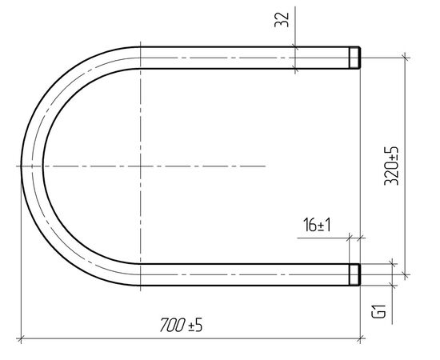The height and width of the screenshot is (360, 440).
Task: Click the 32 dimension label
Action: tap(282, 20)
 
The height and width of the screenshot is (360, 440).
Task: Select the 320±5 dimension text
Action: tap(391, 166)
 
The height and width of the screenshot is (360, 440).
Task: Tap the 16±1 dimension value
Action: tap(317, 225)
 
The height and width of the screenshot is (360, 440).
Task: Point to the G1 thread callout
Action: tap(378, 311)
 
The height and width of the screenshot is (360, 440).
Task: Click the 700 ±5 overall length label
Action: tap(181, 325)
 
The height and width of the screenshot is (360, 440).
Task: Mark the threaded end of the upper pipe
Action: tap(354, 58)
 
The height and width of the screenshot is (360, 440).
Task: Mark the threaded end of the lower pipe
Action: tap(354, 274)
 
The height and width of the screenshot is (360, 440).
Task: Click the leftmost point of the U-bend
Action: tap(22, 166)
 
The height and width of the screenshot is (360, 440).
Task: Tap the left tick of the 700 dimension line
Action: tap(21, 338)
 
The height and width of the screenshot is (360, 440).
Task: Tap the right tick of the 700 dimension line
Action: tap(360, 338)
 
